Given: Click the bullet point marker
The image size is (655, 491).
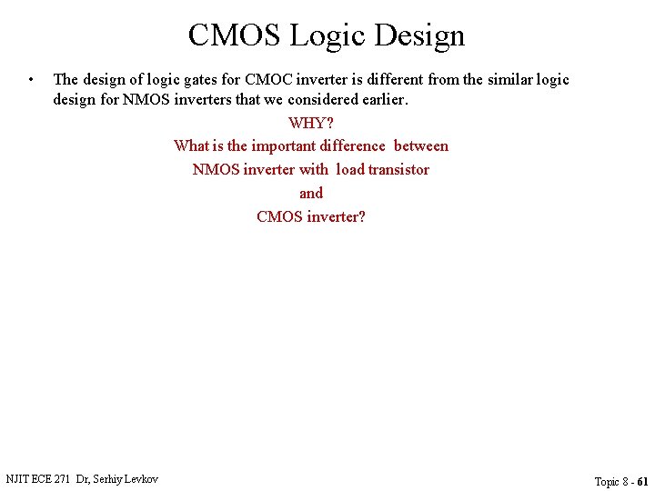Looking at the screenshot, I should click(31, 79).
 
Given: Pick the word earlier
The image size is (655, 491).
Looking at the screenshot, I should click(383, 99).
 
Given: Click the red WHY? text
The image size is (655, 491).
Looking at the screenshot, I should click(311, 123).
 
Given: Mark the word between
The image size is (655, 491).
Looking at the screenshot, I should click(420, 145).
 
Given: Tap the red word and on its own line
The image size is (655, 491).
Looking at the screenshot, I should click(311, 193).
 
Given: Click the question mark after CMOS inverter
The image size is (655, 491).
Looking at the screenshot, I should click(361, 216).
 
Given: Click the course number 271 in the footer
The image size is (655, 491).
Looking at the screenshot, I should click(62, 478).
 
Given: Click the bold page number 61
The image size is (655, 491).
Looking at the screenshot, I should click(643, 481).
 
